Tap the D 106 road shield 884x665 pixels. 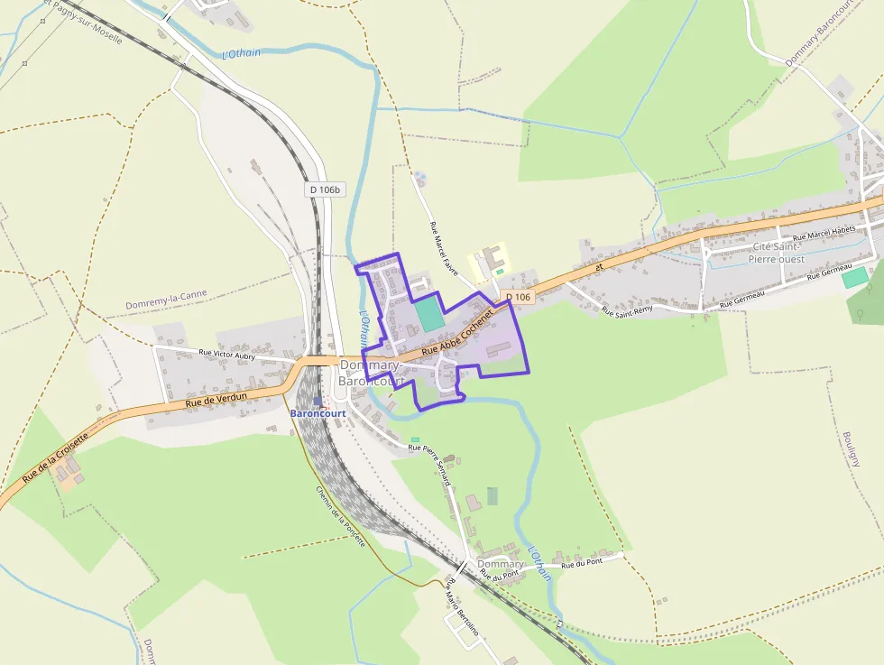pyautogui.click(x=518, y=297)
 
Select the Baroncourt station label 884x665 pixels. pyautogui.click(x=318, y=413)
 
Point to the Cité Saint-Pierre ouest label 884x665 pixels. pyautogui.click(x=776, y=253)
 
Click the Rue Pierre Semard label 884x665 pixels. pyautogui.click(x=429, y=464)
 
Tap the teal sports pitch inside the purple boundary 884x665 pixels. pyautogui.click(x=429, y=315)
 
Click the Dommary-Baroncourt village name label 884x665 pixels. pyautogui.click(x=370, y=373)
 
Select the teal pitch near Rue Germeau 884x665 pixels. pyautogui.click(x=853, y=278)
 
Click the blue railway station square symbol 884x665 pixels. pyautogui.click(x=317, y=402)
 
